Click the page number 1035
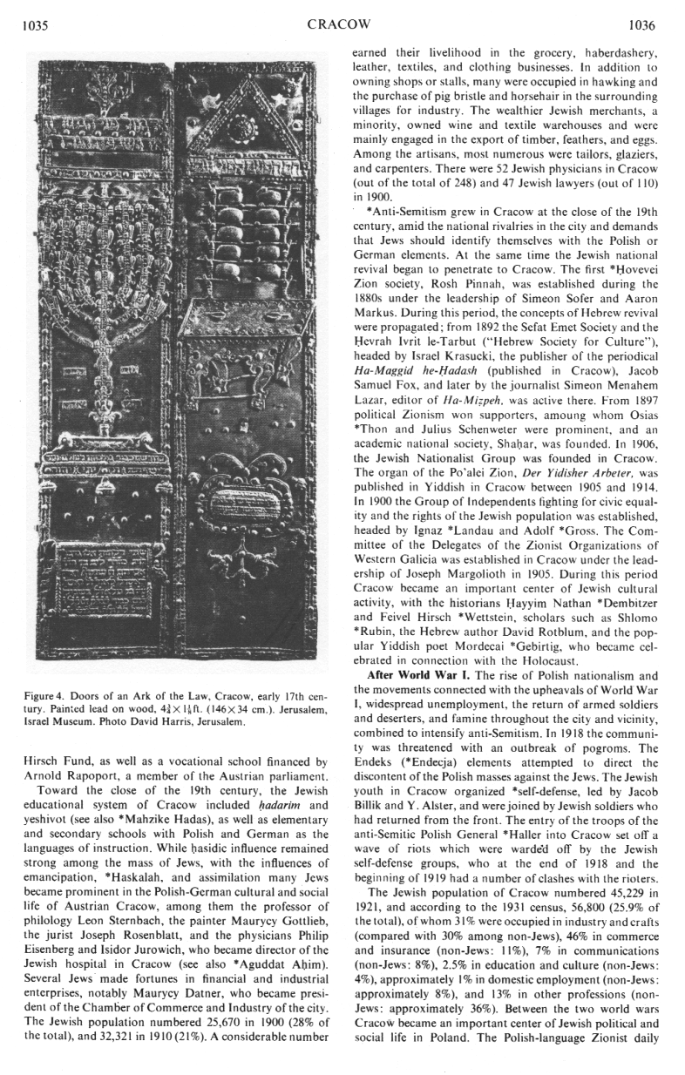(32, 26)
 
